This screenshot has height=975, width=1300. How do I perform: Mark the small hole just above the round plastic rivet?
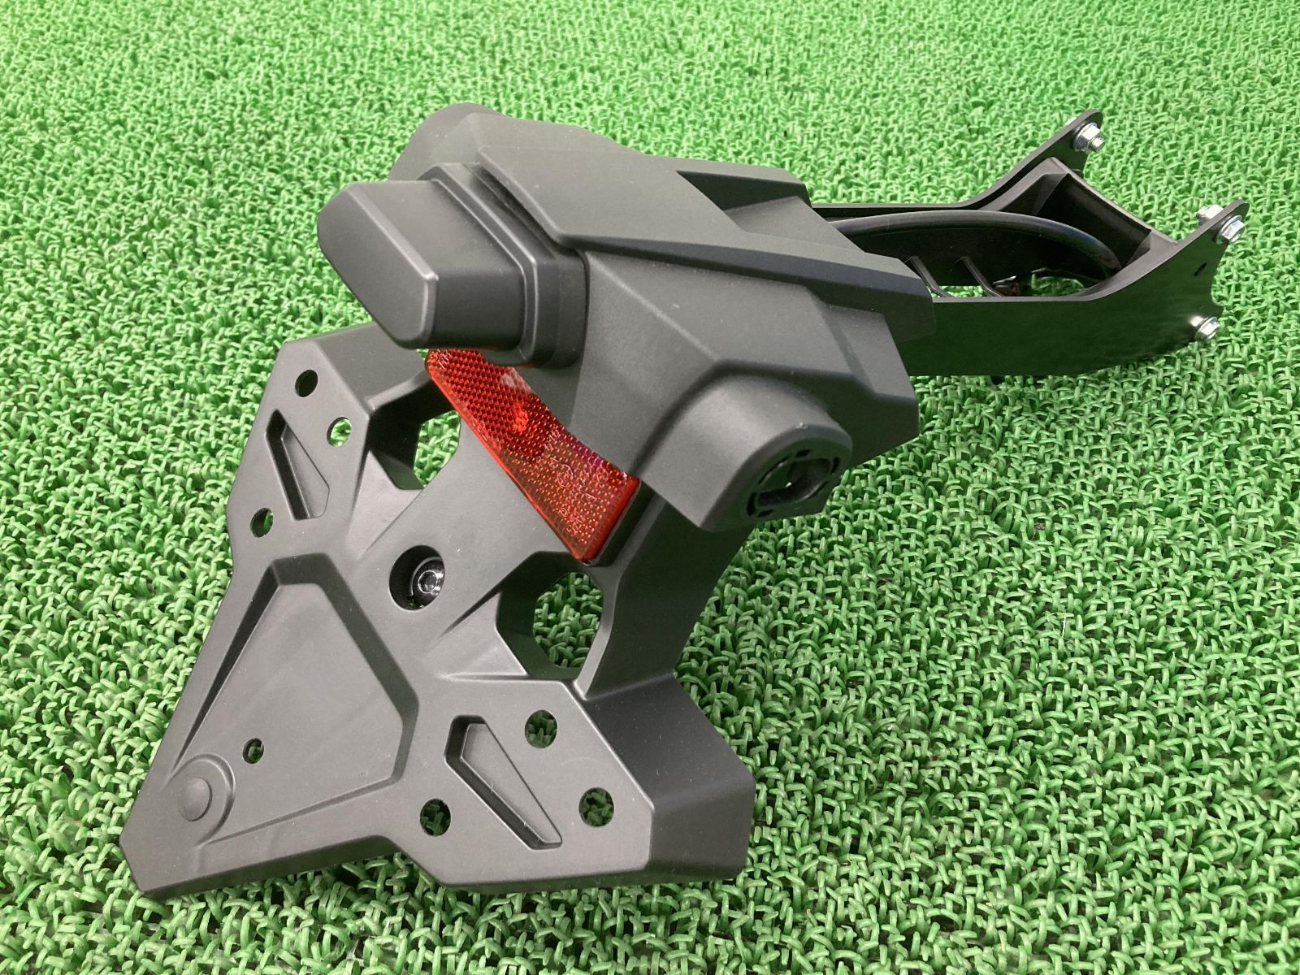(x=254, y=745)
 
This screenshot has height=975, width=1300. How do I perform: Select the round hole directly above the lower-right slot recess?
(x=533, y=720)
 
